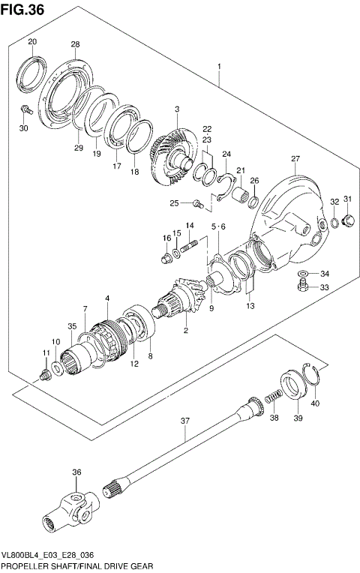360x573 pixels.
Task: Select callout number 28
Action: tap(75, 45)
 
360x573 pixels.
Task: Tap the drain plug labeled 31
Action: tap(348, 220)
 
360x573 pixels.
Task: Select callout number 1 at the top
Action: tap(219, 67)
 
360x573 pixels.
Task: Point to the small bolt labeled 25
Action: tap(197, 202)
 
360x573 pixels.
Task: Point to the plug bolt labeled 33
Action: tap(301, 286)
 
